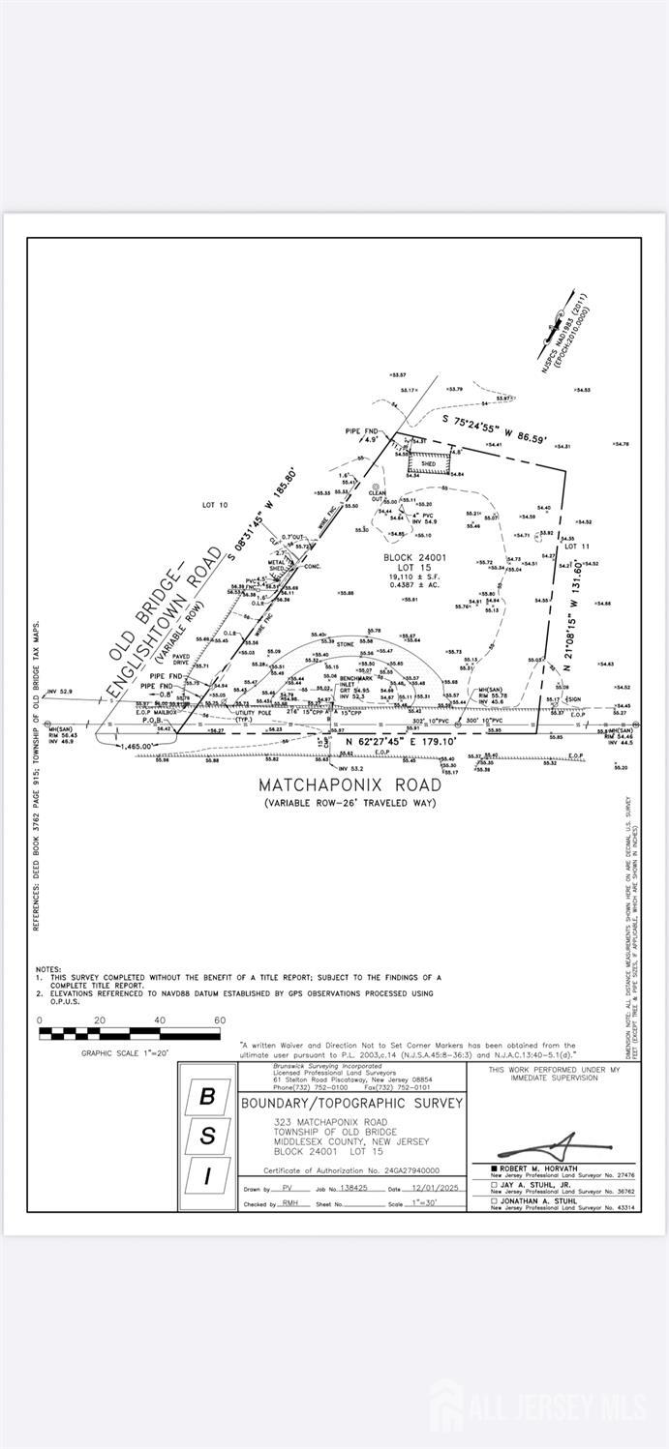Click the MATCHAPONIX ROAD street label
coord(350,784)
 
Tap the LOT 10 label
coord(214,505)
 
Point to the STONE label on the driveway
coord(346,643)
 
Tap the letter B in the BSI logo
coord(207,1097)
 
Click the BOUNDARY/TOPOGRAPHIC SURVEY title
coord(351,1103)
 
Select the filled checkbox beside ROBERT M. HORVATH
coord(494,1168)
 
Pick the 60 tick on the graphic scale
coord(220,1020)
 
